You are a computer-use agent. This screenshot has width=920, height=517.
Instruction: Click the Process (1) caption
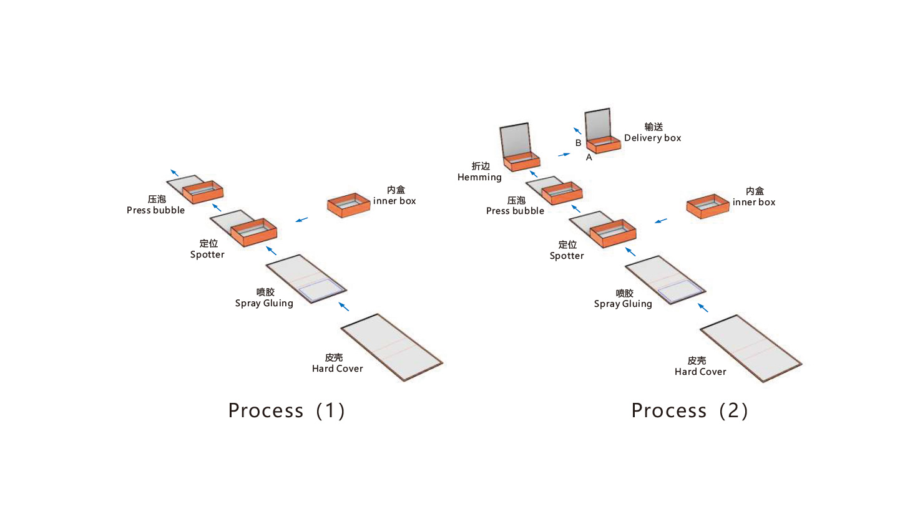click(x=286, y=410)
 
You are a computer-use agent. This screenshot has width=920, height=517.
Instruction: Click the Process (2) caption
click(x=690, y=410)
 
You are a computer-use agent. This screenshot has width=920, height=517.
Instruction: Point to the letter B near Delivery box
click(x=578, y=143)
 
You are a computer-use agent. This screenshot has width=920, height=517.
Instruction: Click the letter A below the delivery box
click(x=589, y=158)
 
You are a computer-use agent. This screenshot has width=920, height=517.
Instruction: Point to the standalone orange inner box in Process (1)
click(x=348, y=205)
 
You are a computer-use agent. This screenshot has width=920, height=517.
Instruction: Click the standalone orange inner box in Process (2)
click(x=708, y=206)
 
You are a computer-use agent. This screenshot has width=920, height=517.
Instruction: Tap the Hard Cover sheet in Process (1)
click(x=391, y=347)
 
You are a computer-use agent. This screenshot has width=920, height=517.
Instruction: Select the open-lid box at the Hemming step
click(x=519, y=148)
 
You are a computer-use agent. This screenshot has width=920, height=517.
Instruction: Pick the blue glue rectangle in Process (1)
click(x=321, y=289)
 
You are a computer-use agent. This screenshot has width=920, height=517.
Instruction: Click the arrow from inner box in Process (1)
click(x=301, y=220)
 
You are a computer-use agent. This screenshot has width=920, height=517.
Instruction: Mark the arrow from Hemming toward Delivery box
click(x=564, y=154)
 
